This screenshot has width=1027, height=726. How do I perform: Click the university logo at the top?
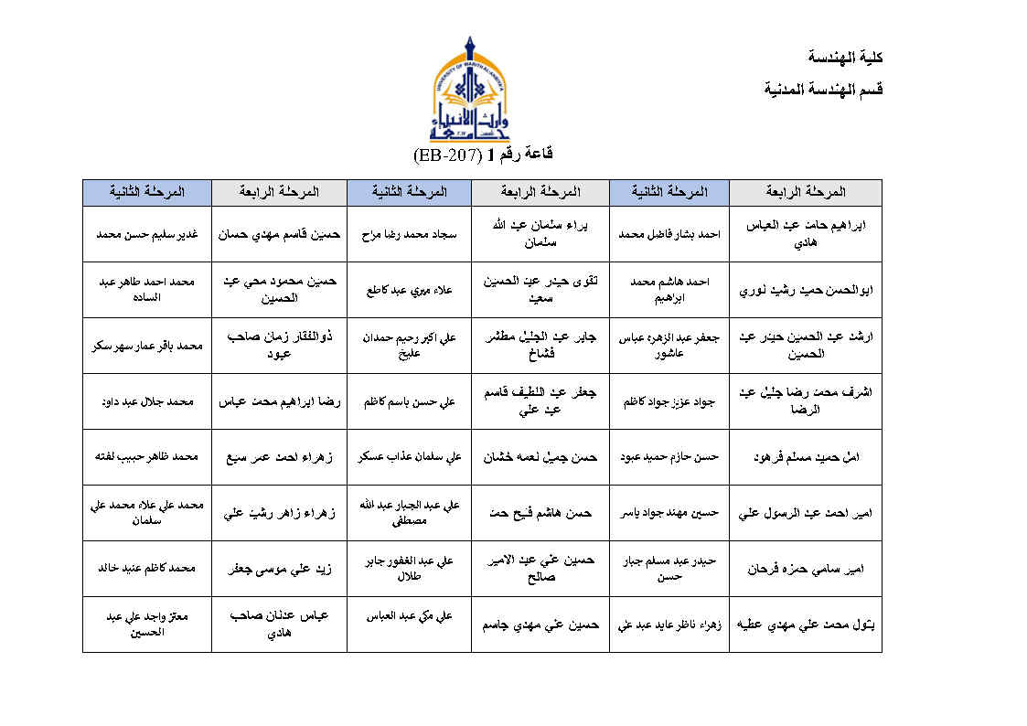click(471, 89)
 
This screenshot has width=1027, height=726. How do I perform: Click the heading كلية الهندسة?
click(846, 57)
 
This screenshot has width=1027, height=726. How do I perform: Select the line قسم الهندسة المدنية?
click(823, 89)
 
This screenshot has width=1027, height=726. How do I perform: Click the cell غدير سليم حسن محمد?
click(146, 233)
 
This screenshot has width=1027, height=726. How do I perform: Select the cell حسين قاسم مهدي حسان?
click(279, 233)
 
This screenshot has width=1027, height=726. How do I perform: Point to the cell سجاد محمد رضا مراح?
click(409, 233)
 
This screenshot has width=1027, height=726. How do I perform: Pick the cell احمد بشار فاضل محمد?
click(669, 233)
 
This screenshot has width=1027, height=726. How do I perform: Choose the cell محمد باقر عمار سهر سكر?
click(146, 346)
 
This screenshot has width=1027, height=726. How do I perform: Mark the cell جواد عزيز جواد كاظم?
click(669, 401)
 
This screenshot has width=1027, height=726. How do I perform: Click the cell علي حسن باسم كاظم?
click(409, 401)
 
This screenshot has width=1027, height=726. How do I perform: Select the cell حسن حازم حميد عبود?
click(669, 456)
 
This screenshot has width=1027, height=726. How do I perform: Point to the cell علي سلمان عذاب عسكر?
click(409, 456)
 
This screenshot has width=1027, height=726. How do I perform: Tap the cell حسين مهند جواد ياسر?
click(669, 512)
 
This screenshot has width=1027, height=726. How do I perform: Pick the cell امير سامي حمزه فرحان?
click(806, 568)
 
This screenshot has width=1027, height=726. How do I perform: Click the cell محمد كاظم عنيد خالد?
click(146, 568)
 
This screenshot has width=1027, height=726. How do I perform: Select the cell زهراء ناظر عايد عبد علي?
click(669, 625)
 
